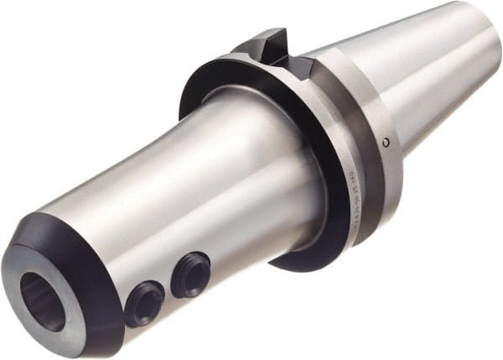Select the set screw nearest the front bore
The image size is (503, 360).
click(x=144, y=302)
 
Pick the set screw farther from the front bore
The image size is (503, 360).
click(x=190, y=274)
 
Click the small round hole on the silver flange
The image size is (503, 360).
click(x=385, y=142)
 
